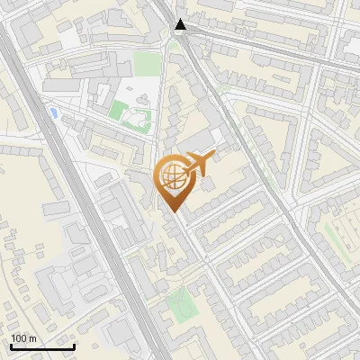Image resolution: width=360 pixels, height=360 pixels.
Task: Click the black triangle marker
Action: [181, 24]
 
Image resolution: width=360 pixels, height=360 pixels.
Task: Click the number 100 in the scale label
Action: [20, 338]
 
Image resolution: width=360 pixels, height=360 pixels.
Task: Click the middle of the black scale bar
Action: [42, 346]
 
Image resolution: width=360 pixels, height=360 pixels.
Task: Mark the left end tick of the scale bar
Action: [11, 346]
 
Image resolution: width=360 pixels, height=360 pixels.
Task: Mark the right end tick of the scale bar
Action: [74, 346]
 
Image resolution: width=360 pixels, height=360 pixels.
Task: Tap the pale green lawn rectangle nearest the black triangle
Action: [147, 64]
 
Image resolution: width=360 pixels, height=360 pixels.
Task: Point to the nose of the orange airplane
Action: [213, 157]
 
